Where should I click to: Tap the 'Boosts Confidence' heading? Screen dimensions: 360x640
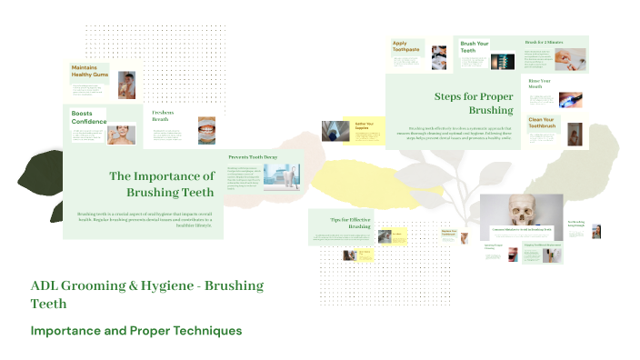coord(89,116)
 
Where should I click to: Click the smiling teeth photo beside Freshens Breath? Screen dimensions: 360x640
coord(207,129)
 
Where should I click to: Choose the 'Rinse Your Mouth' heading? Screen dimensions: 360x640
coord(540,85)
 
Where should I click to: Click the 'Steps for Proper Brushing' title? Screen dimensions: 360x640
coord(474,103)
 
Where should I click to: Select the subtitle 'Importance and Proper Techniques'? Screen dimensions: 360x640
coord(136,330)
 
